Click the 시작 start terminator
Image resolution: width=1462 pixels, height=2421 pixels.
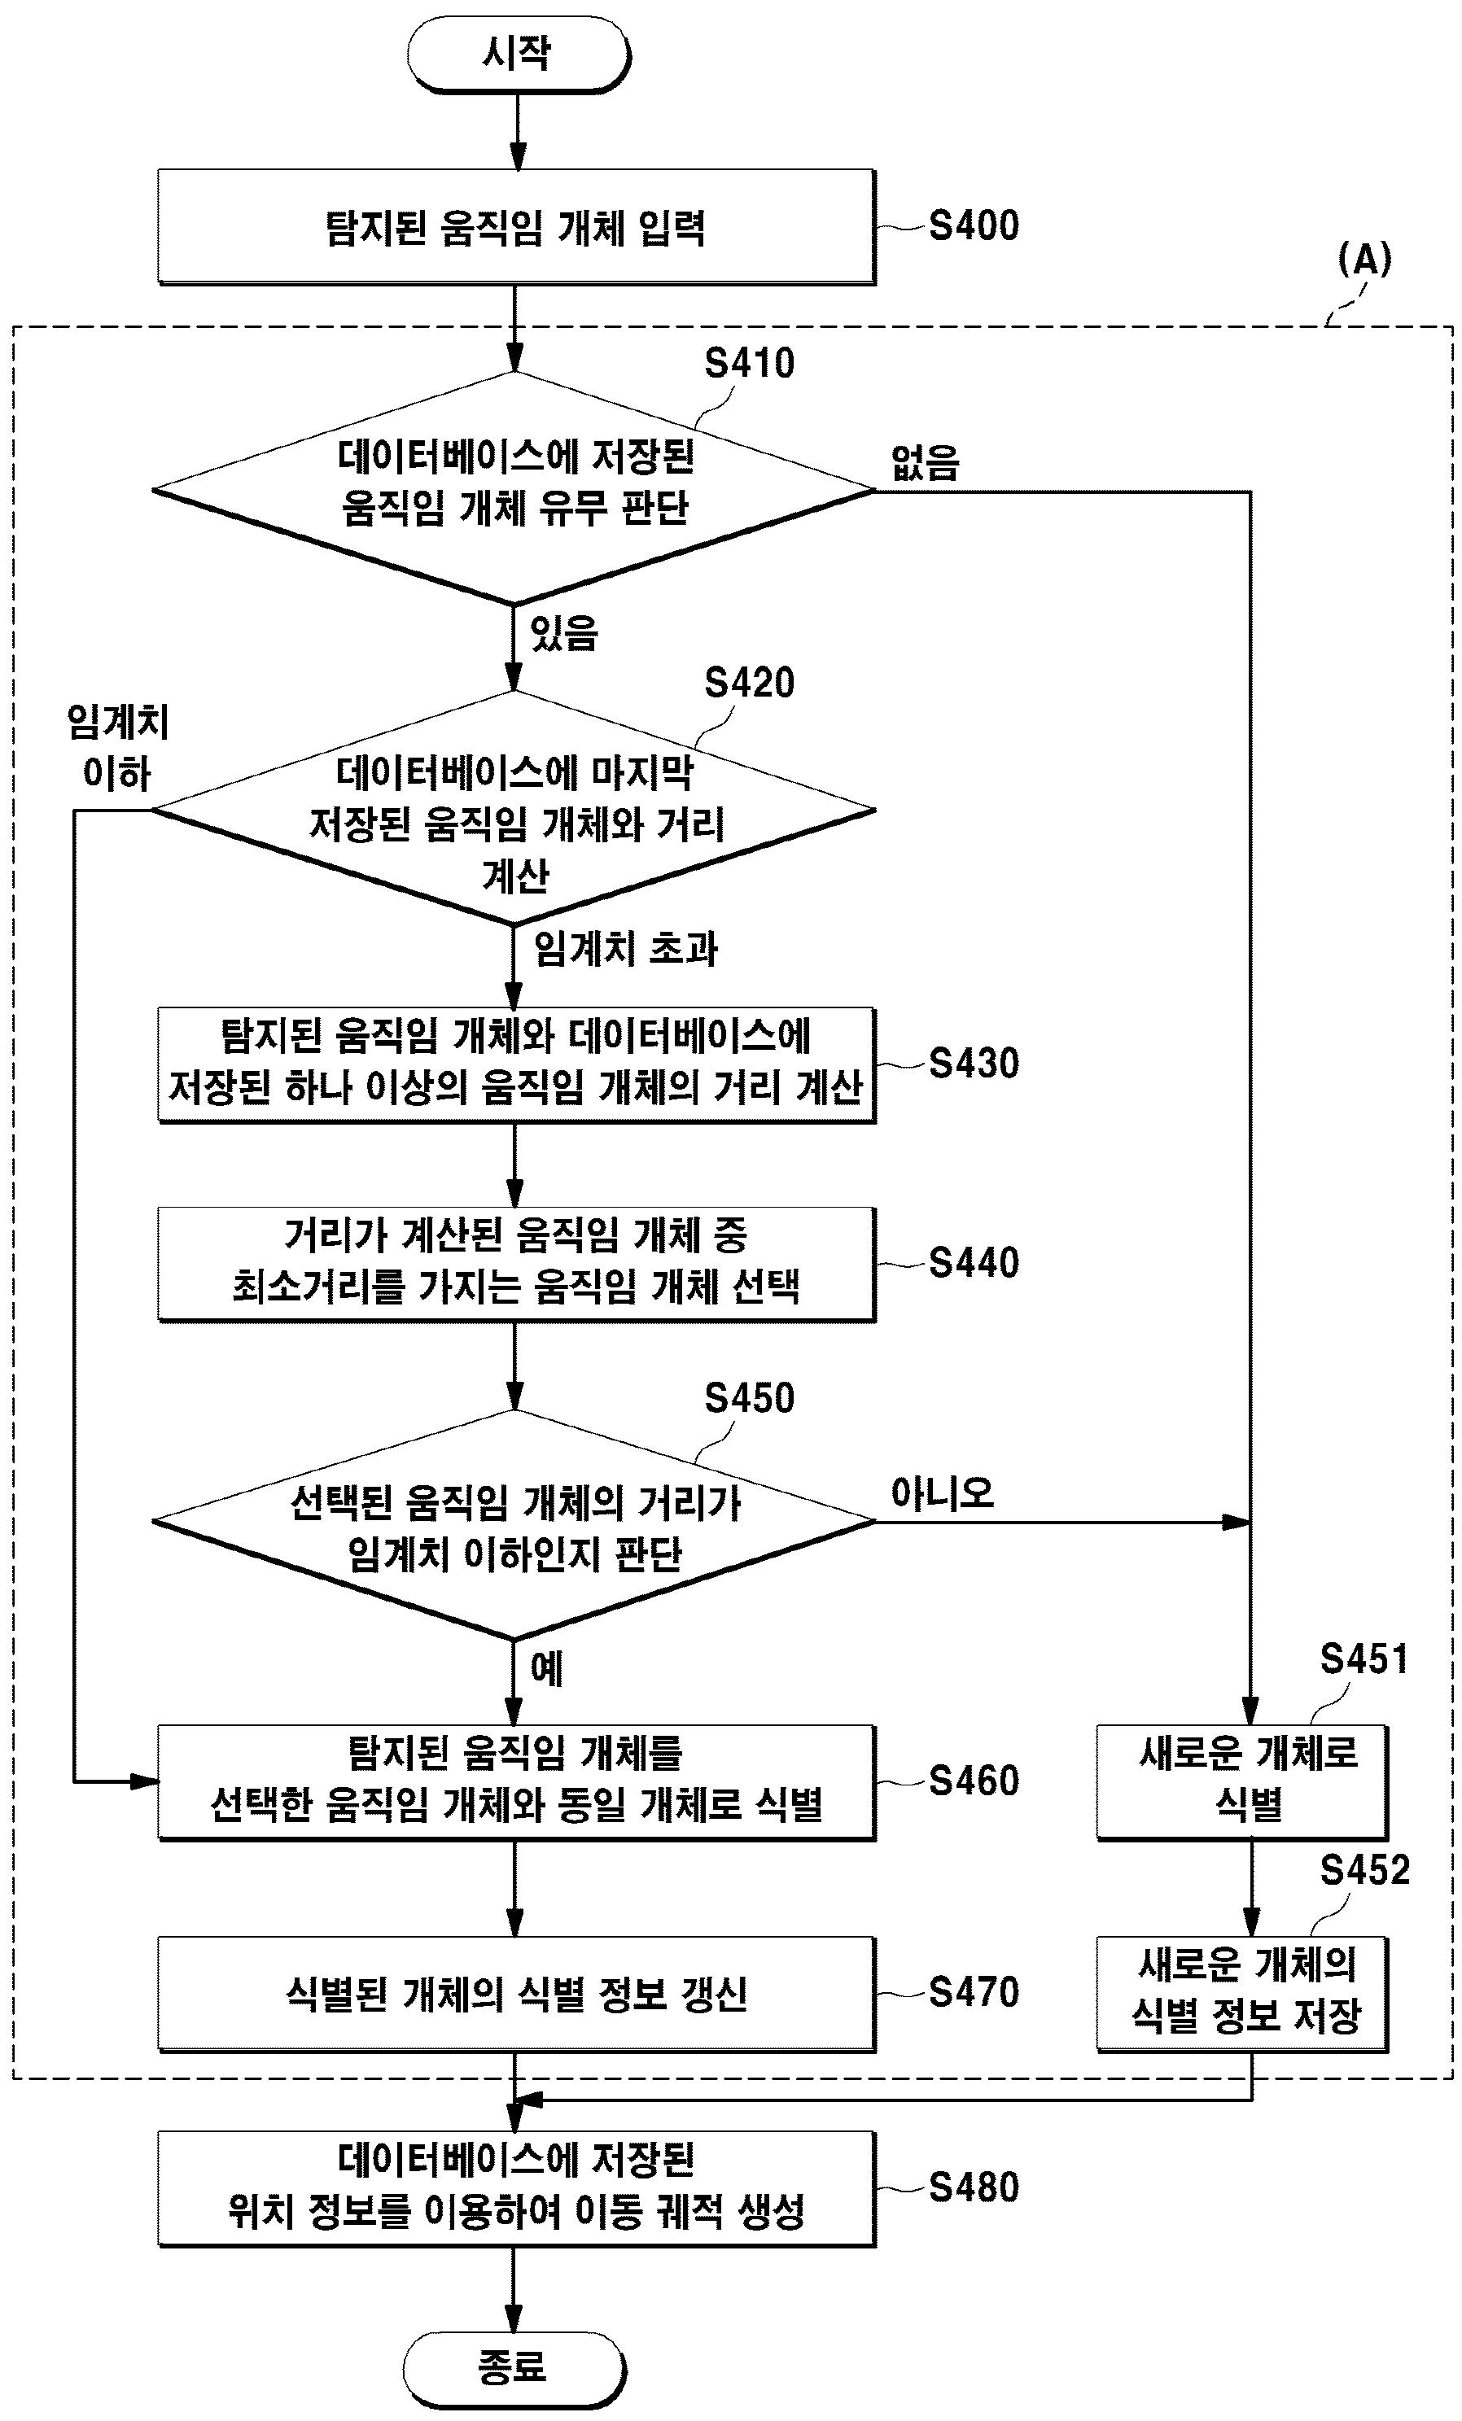pyautogui.click(x=518, y=54)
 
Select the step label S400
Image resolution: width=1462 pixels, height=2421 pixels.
pyautogui.click(x=974, y=226)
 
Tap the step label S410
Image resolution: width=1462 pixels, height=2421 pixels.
pyautogui.click(x=749, y=364)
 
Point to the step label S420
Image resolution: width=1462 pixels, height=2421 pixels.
pyautogui.click(x=749, y=683)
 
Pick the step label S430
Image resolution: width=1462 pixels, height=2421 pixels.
pyautogui.click(x=974, y=1063)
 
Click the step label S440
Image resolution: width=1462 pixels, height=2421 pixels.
pyautogui.click(x=974, y=1262)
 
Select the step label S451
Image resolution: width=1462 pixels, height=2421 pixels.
pyautogui.click(x=1364, y=1658)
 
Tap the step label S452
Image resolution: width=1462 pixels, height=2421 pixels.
pyautogui.click(x=1364, y=1870)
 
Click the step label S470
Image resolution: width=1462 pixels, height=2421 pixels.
pyautogui.click(x=974, y=1991)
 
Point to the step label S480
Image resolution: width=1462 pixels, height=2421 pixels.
pyautogui.click(x=974, y=2188)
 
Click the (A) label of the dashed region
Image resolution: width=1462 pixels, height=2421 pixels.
pyautogui.click(x=1365, y=260)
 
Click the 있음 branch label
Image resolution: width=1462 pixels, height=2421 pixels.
pyautogui.click(x=563, y=633)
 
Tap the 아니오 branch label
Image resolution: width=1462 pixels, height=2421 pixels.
pyautogui.click(x=943, y=1493)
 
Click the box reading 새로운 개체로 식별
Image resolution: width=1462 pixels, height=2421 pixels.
pyautogui.click(x=1243, y=1782)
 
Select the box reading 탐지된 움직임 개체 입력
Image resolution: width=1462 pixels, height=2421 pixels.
pyautogui.click(x=517, y=227)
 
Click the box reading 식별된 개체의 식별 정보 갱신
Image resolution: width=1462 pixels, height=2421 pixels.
pyautogui.click(x=517, y=1994)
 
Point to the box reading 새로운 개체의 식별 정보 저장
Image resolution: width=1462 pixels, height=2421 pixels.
pyautogui.click(x=1243, y=1994)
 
